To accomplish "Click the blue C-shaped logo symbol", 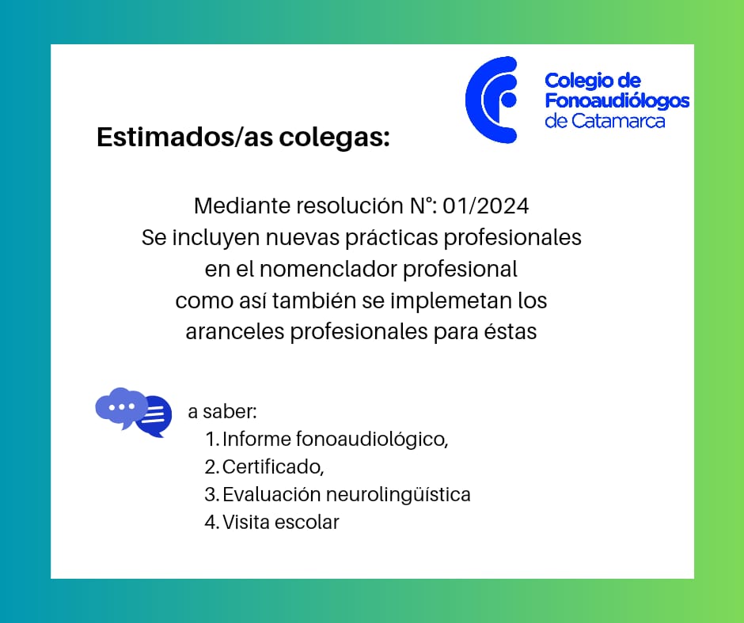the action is (474, 100).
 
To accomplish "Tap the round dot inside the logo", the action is (509, 100).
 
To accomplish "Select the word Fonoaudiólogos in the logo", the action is (617, 101).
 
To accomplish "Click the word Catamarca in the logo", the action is (618, 121).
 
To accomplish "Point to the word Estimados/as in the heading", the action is (184, 137).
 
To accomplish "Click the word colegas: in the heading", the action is (334, 138).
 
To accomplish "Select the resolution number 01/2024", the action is (485, 206).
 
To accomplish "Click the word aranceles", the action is (235, 331).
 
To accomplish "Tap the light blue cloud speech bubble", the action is (120, 407).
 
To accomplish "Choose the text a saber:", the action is (222, 412).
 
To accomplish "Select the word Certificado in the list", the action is (273, 466).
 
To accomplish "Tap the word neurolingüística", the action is (398, 494).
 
